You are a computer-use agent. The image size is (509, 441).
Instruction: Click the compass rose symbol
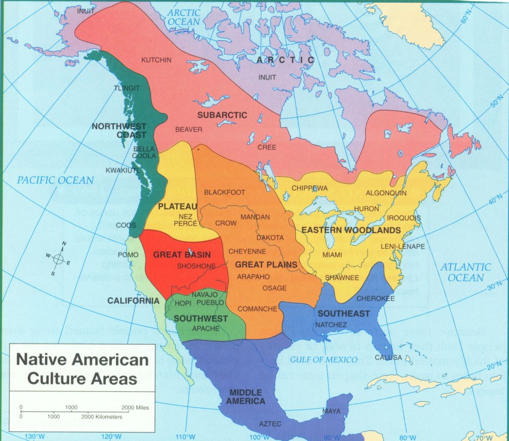(58, 259)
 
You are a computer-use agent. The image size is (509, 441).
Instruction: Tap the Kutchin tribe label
(156, 60)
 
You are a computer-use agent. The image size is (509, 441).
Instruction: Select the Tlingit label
(127, 88)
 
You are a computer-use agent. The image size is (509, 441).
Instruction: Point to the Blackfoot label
(225, 192)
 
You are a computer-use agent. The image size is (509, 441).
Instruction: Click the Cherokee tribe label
(376, 298)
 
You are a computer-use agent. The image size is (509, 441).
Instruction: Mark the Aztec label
(270, 424)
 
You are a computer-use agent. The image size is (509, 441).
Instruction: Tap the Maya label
(331, 411)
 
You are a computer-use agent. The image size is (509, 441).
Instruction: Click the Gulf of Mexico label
(324, 359)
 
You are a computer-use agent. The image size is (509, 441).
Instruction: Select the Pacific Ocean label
(56, 180)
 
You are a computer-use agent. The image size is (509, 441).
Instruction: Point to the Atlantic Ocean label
(465, 272)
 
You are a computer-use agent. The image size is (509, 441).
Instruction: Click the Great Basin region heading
(181, 255)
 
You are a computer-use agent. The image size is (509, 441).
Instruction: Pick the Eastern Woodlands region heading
(351, 230)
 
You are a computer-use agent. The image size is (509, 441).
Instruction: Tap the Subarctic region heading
(222, 115)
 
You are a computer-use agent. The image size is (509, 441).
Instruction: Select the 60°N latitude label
(466, 17)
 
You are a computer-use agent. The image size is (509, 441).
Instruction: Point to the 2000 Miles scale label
(135, 408)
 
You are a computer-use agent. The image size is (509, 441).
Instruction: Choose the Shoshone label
(196, 266)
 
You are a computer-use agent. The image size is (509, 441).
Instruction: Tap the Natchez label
(331, 325)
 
